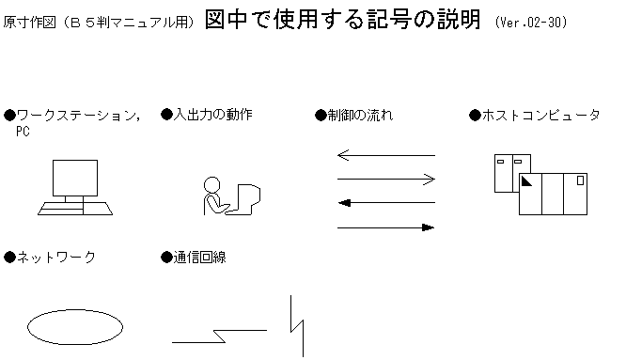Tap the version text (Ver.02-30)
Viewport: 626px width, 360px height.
tap(531, 22)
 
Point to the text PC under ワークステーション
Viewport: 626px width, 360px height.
tap(23, 132)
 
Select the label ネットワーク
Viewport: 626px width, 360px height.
tap(56, 257)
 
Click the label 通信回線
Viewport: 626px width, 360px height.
tap(199, 257)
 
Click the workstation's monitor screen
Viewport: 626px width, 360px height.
tap(75, 179)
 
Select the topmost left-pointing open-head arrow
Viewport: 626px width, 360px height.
tap(385, 155)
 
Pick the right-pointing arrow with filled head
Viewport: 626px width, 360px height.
tap(385, 227)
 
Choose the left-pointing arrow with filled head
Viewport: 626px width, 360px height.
tap(385, 202)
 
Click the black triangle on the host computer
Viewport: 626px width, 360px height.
tap(526, 180)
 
